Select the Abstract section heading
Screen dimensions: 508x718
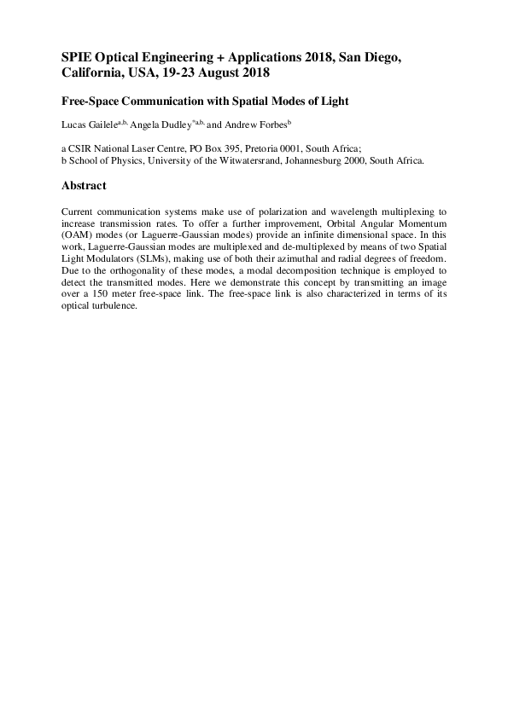click(x=84, y=186)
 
